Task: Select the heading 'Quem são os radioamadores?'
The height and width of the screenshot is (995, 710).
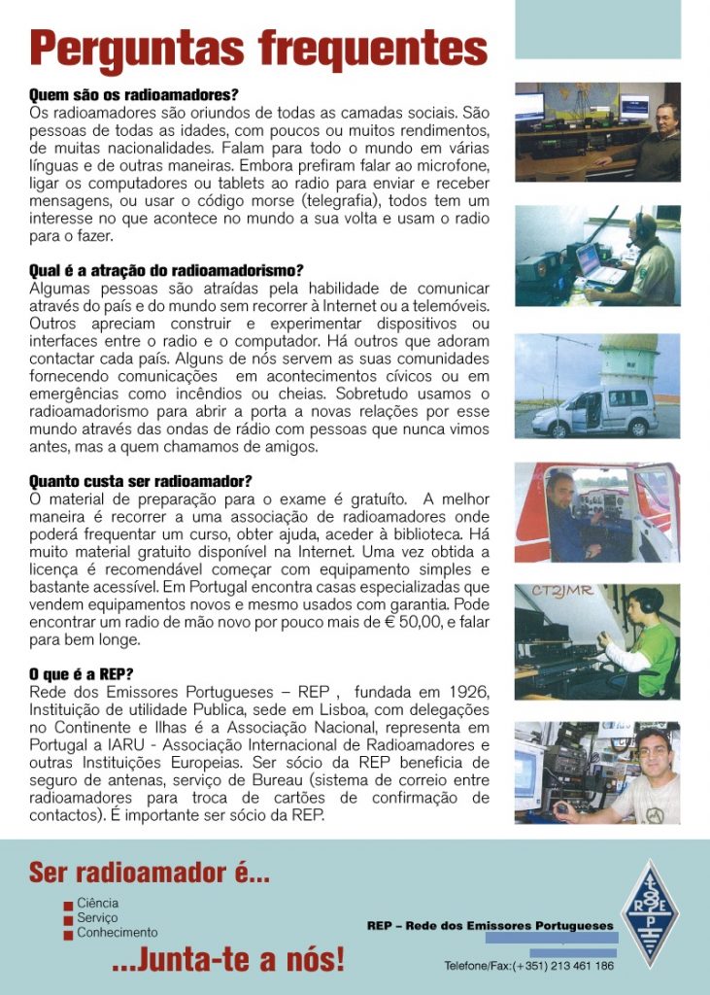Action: tap(134, 95)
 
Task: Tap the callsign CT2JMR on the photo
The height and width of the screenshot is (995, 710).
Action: tap(563, 591)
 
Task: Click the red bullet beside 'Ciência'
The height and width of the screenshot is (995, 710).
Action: tap(67, 904)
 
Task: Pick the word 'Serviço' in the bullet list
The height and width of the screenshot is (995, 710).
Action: tap(97, 917)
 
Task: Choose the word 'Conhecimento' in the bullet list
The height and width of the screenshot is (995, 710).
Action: tap(117, 932)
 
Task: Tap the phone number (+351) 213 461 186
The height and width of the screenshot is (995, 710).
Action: tap(564, 966)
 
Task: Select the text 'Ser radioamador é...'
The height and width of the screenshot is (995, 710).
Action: tap(150, 872)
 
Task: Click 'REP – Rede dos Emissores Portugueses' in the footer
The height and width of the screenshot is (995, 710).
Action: tap(490, 925)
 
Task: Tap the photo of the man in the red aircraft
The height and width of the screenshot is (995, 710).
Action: tap(597, 512)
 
